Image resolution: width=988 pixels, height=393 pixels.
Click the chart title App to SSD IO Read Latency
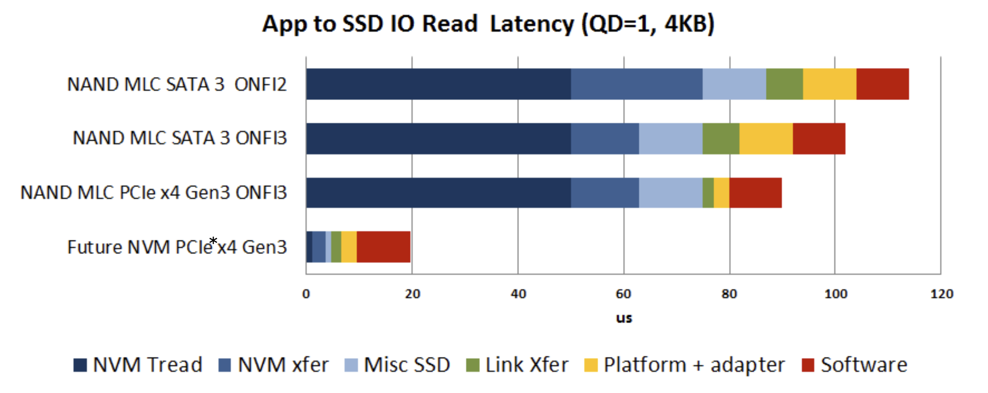pyautogui.click(x=488, y=24)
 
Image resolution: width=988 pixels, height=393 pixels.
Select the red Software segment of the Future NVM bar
pyautogui.click(x=383, y=247)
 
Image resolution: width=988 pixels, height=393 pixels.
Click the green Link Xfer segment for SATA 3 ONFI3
pyautogui.click(x=721, y=139)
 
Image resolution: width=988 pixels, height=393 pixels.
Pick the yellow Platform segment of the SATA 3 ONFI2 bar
pyautogui.click(x=829, y=84)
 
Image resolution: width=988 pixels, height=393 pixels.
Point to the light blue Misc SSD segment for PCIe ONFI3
pyautogui.click(x=670, y=193)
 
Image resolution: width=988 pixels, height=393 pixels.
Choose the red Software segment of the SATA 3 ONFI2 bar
pyautogui.click(x=882, y=84)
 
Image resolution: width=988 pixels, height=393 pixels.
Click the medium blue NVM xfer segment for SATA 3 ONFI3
pyautogui.click(x=605, y=139)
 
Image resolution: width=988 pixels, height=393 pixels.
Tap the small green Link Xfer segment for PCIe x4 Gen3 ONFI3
pyautogui.click(x=708, y=193)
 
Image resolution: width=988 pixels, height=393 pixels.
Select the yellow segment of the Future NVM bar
pyautogui.click(x=349, y=247)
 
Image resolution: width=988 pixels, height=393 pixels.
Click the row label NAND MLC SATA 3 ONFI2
pyautogui.click(x=177, y=85)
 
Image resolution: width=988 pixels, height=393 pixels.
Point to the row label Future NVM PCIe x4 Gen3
pyautogui.click(x=177, y=247)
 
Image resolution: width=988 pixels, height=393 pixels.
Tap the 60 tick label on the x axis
pyautogui.click(x=623, y=294)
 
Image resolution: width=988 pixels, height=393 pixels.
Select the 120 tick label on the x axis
pyautogui.click(x=942, y=294)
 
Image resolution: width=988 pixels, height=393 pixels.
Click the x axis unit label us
pyautogui.click(x=624, y=318)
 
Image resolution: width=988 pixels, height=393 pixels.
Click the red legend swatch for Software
pyautogui.click(x=808, y=365)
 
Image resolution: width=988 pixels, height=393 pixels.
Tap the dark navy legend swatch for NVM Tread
pyautogui.click(x=80, y=365)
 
